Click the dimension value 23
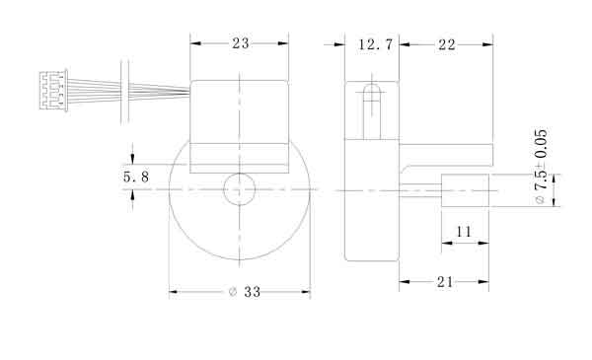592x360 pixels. pos(241,43)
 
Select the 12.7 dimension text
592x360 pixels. pos(376,44)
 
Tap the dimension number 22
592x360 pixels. pos(447,45)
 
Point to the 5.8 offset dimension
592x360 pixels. pos(136,177)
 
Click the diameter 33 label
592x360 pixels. pos(245,292)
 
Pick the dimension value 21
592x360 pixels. pos(445,282)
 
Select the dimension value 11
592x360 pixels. pos(464,232)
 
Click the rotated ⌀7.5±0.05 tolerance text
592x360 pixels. pos(541,167)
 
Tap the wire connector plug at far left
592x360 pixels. pos(53,91)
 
